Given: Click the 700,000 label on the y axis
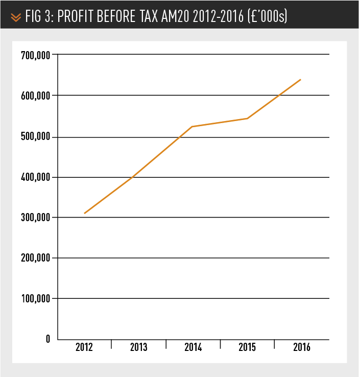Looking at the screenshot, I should pyautogui.click(x=35, y=55).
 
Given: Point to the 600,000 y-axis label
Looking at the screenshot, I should pyautogui.click(x=35, y=96).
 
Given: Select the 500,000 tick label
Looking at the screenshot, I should pyautogui.click(x=35, y=137).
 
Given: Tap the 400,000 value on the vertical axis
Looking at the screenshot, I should pyautogui.click(x=35, y=177).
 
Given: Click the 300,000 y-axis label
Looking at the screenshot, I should pyautogui.click(x=35, y=218).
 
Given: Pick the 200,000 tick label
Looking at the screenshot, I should pyautogui.click(x=35, y=258).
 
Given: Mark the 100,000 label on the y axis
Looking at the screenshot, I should pyautogui.click(x=35, y=298).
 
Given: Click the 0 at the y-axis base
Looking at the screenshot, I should pyautogui.click(x=47, y=339).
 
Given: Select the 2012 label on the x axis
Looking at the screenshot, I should pyautogui.click(x=84, y=348).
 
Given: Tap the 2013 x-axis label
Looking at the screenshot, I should pyautogui.click(x=138, y=348).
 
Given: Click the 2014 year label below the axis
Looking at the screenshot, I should pyautogui.click(x=193, y=348).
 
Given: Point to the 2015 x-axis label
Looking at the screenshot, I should pyautogui.click(x=247, y=348).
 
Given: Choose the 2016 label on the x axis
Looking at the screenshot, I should pyautogui.click(x=301, y=348).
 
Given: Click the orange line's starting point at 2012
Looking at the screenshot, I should pyautogui.click(x=85, y=213).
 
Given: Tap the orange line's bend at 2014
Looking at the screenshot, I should pyautogui.click(x=193, y=126).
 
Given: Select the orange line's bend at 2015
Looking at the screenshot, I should pyautogui.click(x=247, y=119).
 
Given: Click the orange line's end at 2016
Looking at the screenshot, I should pyautogui.click(x=301, y=80).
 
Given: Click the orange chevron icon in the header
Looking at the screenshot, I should pyautogui.click(x=16, y=17).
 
